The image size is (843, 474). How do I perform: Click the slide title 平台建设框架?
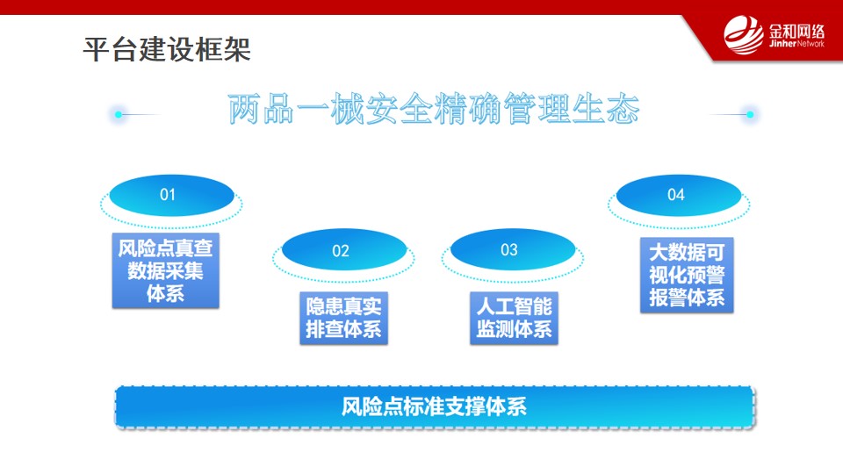tap(167, 49)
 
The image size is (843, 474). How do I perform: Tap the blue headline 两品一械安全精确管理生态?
tap(433, 109)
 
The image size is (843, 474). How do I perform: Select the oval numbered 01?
tap(171, 195)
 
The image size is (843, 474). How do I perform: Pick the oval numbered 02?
tap(344, 250)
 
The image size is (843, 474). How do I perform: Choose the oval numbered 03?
tap(513, 249)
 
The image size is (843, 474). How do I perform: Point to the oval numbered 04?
tap(679, 195)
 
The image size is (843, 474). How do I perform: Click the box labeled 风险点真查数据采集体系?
tap(166, 270)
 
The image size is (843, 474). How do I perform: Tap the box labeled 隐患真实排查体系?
tap(343, 318)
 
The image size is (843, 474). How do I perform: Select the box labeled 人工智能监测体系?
tap(514, 318)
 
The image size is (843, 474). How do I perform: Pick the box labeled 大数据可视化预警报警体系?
tap(687, 275)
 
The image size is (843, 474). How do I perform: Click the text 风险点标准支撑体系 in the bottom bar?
tap(434, 406)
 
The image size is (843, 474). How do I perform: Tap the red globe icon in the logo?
tap(744, 35)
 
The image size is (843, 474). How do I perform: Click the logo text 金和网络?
tap(796, 31)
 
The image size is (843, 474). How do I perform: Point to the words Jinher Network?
tap(796, 44)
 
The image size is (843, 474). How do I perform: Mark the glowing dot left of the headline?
tap(119, 114)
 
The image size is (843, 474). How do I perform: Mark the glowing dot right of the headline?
tap(750, 114)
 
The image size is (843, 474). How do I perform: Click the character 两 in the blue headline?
tap(245, 109)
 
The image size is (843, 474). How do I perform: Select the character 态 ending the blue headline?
tap(623, 109)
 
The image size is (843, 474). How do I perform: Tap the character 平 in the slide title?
tap(97, 49)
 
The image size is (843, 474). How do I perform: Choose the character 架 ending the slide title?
tap(237, 49)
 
